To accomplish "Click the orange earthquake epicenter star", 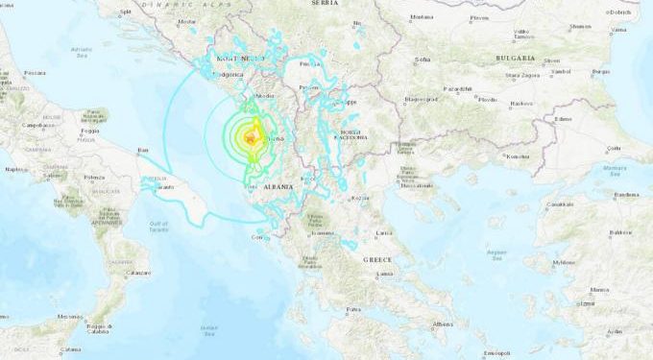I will pos(250,141).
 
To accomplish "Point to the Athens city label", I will pos(443,324).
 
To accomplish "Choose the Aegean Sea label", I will pos(497,252).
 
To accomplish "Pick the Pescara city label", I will pos(35,73).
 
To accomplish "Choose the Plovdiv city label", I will pos(488,99).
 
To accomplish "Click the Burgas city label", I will pos(602,72).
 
